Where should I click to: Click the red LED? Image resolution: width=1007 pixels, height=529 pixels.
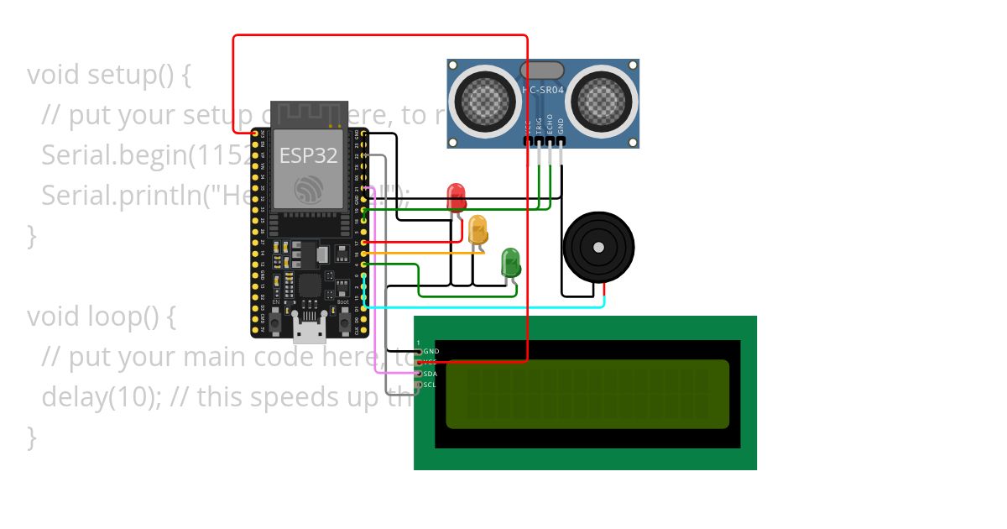click(457, 197)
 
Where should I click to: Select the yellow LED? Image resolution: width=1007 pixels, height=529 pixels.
click(477, 229)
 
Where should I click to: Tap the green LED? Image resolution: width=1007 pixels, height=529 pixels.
click(510, 262)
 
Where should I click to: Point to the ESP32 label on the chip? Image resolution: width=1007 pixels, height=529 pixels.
click(306, 156)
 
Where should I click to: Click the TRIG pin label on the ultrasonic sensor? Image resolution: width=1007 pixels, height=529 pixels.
click(539, 124)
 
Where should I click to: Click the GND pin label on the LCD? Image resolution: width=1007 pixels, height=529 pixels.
click(430, 351)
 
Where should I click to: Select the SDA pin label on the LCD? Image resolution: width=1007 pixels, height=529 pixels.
click(429, 374)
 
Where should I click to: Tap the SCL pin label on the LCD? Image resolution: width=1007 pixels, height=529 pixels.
click(429, 385)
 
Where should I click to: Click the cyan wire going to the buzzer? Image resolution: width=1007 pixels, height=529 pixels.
click(487, 306)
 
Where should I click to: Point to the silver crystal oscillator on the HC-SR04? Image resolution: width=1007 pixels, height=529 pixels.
click(542, 71)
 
